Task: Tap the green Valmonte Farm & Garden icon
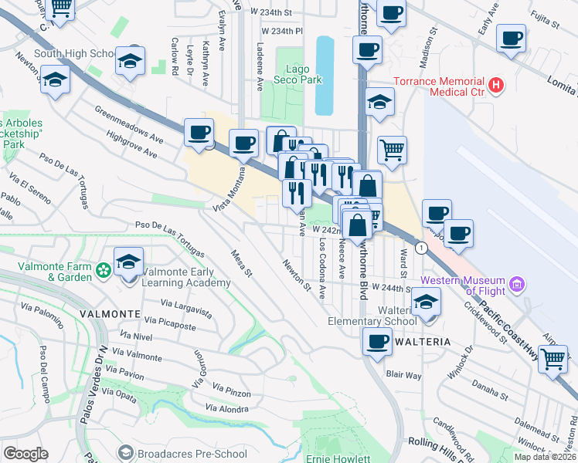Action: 104,272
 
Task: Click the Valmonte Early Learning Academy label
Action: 185,278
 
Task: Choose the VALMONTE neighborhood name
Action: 109,315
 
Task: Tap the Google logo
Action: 25,454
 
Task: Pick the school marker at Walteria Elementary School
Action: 426,302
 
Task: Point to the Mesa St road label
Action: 242,262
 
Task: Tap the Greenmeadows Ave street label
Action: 129,126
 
